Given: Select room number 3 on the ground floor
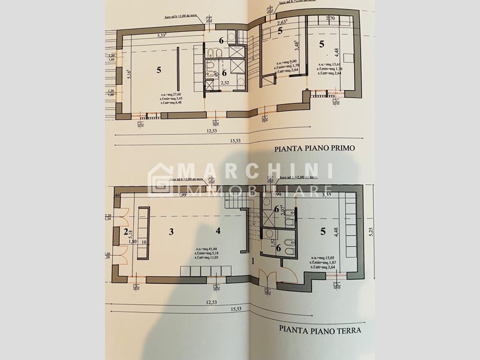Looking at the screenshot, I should click(171, 231).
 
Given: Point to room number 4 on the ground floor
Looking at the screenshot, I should click(218, 231).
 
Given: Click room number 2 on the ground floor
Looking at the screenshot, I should click(127, 232).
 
